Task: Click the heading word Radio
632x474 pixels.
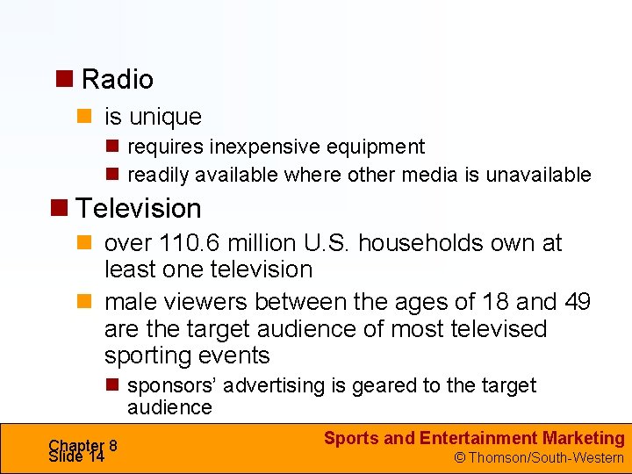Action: click(x=117, y=80)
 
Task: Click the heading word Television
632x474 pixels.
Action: click(x=139, y=209)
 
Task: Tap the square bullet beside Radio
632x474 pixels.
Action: click(x=64, y=77)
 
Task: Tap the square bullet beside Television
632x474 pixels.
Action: click(x=60, y=207)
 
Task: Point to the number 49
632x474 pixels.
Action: click(x=577, y=302)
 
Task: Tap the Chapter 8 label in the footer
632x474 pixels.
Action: click(x=83, y=445)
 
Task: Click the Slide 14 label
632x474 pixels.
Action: click(x=77, y=456)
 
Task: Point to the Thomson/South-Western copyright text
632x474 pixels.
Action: click(x=538, y=457)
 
